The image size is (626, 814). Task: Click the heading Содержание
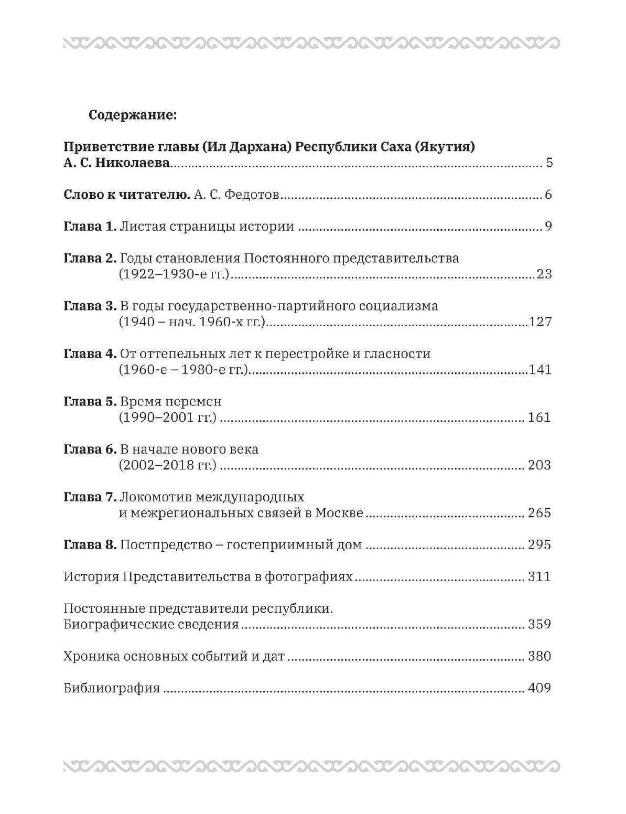133,115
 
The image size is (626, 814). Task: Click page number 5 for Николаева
549,163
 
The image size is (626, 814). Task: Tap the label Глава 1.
90,227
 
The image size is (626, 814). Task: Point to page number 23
544,274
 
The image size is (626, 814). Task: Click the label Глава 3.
90,306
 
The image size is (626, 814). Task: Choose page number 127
541,322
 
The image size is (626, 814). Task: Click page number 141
541,369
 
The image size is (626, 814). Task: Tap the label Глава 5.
90,401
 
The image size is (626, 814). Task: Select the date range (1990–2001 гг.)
167,417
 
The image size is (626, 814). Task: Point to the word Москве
339,513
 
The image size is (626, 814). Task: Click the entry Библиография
112,688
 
